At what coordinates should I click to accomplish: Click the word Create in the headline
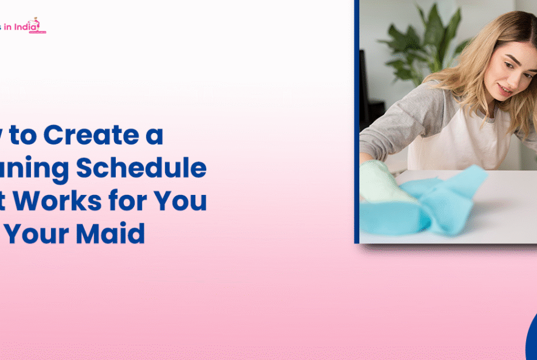90,135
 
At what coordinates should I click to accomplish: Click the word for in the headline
138,201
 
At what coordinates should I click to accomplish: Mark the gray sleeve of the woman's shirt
394,127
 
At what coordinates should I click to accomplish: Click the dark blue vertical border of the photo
357,121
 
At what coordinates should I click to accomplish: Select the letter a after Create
155,135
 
